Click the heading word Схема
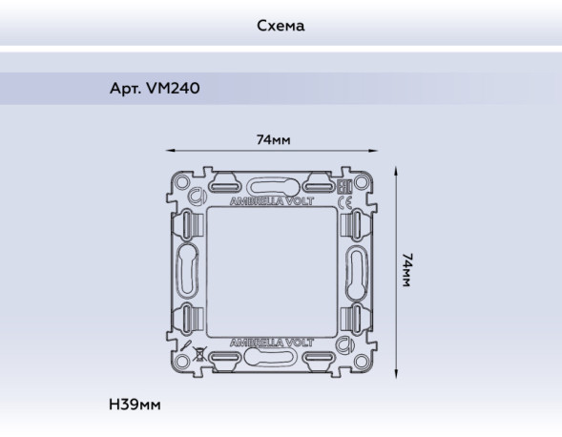pyautogui.click(x=281, y=26)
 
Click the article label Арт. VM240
pyautogui.click(x=156, y=89)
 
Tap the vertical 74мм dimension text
pyautogui.click(x=408, y=271)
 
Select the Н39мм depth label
pyautogui.click(x=136, y=406)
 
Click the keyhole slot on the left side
pyautogui.click(x=187, y=271)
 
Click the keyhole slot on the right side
pyautogui.click(x=357, y=271)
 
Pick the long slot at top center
pyautogui.click(x=272, y=186)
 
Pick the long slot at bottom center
pyautogui.click(x=272, y=356)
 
